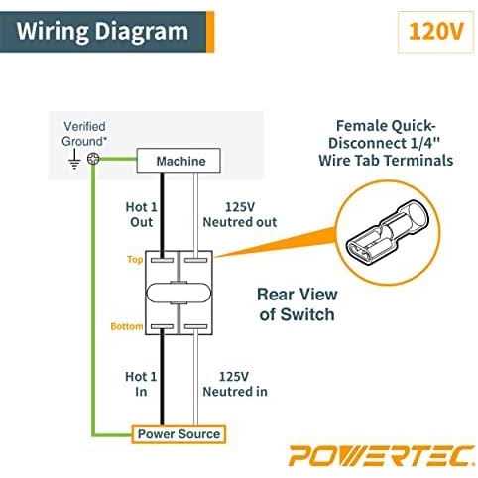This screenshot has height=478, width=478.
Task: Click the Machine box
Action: (179, 161)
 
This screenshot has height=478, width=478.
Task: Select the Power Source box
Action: (179, 434)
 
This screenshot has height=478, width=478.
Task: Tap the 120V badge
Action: (435, 32)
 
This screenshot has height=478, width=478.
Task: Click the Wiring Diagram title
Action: (102, 32)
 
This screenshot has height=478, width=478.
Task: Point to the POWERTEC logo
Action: (382, 456)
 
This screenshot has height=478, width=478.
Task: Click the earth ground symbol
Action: (74, 160)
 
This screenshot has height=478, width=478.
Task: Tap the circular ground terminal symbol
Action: (93, 159)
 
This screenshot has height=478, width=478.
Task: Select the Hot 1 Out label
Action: (142, 214)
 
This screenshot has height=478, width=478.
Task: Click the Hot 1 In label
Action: (141, 384)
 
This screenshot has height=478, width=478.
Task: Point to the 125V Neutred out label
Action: (240, 214)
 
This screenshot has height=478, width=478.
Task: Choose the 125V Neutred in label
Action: (235, 384)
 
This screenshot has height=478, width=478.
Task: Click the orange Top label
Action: (135, 260)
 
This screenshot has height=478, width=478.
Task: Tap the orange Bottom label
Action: (127, 326)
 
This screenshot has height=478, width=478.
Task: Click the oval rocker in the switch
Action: (179, 293)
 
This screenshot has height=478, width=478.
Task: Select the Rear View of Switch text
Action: (298, 304)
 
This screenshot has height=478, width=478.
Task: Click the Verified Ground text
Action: (84, 134)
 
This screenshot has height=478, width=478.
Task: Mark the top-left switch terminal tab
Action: (162, 260)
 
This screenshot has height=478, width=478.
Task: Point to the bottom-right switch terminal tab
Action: (195, 327)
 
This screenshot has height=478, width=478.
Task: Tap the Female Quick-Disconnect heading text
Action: (386, 143)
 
